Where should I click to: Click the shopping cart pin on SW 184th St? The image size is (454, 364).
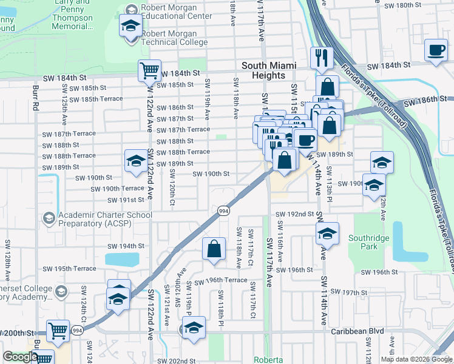[149, 70]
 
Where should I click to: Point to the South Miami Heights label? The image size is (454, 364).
[263, 70]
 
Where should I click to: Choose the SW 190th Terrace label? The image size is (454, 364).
[118, 189]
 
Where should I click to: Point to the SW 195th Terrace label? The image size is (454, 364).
[69, 269]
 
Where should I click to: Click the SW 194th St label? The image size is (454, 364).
[126, 246]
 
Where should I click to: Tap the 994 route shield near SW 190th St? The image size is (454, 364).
[223, 210]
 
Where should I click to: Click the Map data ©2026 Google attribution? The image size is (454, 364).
[416, 359]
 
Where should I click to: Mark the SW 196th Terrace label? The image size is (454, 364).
[217, 280]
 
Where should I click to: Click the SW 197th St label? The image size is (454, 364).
[359, 292]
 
